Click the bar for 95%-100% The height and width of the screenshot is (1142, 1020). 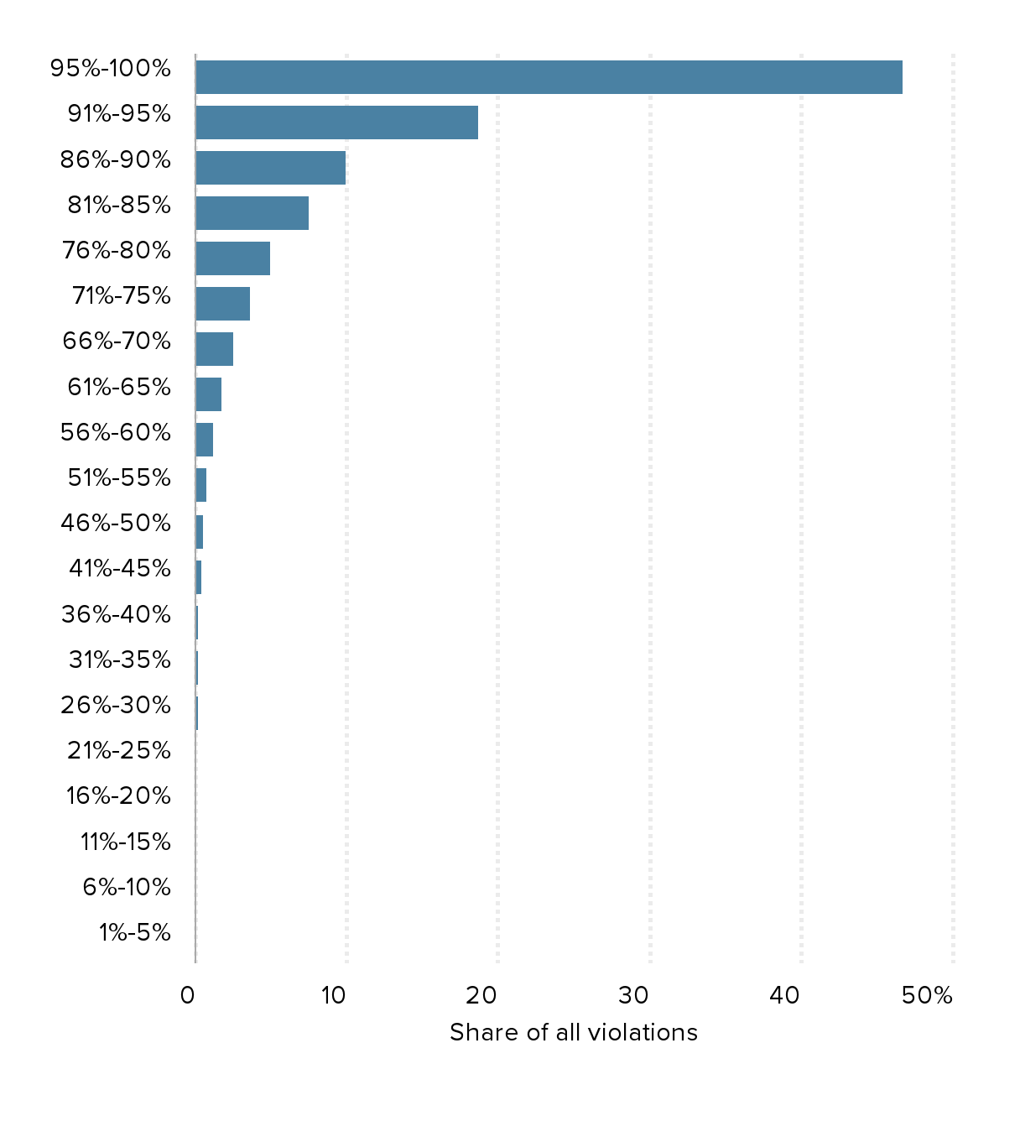point(549,77)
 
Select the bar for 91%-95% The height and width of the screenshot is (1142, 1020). point(336,123)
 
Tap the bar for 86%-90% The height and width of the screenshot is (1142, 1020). point(270,168)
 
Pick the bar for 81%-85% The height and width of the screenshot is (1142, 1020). point(252,213)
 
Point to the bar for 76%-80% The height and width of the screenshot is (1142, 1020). point(232,258)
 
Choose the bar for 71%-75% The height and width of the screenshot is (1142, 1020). point(222,304)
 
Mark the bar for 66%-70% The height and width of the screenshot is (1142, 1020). point(214,349)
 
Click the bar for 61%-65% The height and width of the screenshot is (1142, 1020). point(208,394)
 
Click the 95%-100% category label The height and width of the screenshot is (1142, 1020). point(111,68)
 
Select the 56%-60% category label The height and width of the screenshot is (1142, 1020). point(116,432)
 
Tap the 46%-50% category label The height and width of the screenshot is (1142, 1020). point(116,523)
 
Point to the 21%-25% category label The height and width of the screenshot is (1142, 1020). point(119,750)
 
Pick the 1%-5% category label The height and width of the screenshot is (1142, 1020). point(135,932)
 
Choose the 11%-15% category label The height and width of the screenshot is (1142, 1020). point(126,842)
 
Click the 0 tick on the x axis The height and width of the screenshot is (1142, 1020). point(188,995)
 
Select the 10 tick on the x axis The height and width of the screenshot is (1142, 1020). point(334,995)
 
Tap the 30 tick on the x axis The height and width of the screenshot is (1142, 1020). point(634,995)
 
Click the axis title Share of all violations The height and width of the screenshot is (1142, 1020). point(574,1032)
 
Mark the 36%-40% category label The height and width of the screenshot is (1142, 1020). point(116,614)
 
